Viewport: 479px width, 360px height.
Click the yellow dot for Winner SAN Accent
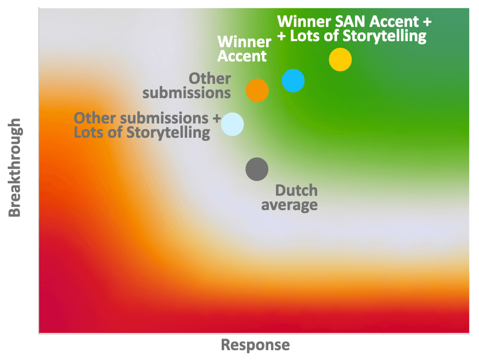tap(340, 59)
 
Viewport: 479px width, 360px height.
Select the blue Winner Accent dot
tap(293, 81)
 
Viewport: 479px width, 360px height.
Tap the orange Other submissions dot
tap(257, 90)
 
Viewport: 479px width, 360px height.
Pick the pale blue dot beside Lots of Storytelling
tap(232, 124)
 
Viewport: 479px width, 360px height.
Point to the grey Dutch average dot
tap(257, 169)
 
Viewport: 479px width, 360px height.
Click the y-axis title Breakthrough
tap(14, 168)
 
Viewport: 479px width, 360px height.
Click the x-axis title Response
tap(255, 345)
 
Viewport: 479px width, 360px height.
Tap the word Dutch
tap(296, 190)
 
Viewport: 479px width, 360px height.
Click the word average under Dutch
tap(289, 205)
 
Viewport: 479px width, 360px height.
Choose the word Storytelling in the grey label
tap(168, 133)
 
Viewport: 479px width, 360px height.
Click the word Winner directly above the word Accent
tap(244, 42)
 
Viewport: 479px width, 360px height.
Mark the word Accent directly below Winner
tap(242, 56)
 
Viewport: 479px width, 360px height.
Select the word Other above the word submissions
tap(210, 78)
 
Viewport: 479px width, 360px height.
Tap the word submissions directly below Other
tap(187, 93)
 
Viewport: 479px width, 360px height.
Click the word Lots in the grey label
tap(85, 132)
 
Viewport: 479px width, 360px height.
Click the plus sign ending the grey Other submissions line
tap(217, 119)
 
